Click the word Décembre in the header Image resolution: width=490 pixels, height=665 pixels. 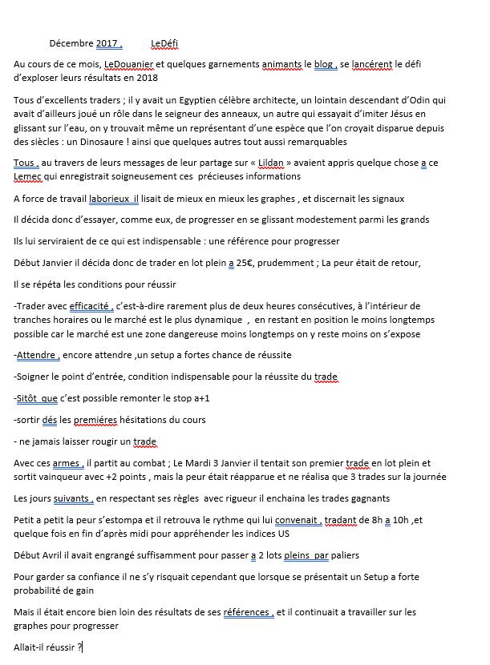click(x=71, y=43)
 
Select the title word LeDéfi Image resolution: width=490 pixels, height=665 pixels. click(x=167, y=43)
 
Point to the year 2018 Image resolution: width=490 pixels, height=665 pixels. click(x=147, y=77)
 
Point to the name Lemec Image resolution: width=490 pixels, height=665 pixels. click(x=29, y=176)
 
